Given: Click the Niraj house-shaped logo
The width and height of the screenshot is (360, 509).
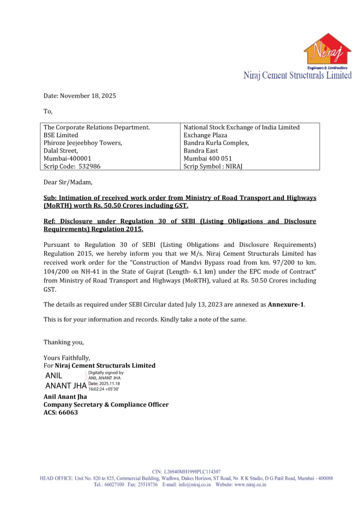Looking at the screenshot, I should click(327, 51).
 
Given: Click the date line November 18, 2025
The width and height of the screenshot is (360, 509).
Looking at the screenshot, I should click(80, 95).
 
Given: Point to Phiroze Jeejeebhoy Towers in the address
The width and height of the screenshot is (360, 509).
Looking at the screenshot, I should click(83, 143).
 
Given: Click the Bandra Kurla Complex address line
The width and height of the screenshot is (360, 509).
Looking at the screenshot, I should click(216, 143).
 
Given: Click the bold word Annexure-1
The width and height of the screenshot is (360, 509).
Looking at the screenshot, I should click(286, 304).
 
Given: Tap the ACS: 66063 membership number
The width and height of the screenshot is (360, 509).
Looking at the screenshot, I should click(61, 412).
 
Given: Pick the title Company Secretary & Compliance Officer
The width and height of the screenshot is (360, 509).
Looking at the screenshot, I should click(106, 405).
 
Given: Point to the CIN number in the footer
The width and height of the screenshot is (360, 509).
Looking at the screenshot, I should click(186, 471).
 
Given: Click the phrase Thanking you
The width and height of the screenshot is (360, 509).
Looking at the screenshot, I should click(64, 342).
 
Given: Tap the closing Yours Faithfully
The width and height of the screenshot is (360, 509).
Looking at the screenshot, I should click(67, 357).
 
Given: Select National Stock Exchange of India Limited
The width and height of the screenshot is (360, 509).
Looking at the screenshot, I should click(242, 127).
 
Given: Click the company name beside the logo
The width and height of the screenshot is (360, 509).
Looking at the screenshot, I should click(297, 76).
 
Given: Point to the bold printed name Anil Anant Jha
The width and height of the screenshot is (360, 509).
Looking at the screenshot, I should click(65, 397).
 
